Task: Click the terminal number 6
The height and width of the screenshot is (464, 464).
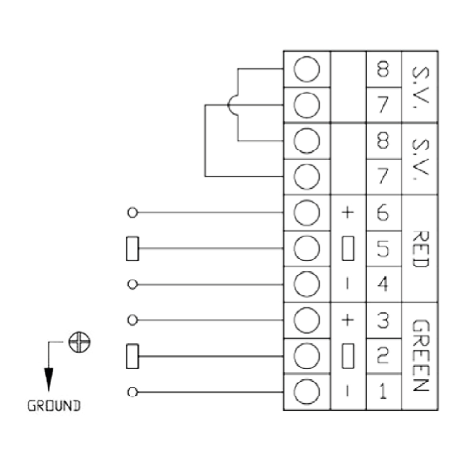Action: point(382,212)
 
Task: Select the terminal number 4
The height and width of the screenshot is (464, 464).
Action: point(383,285)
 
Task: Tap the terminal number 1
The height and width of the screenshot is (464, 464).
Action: point(383,391)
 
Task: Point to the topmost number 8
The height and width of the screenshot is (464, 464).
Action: point(383,69)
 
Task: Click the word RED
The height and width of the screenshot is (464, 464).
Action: point(420,249)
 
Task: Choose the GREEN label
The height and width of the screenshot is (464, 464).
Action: point(420,355)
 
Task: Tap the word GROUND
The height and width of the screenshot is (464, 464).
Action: point(54,406)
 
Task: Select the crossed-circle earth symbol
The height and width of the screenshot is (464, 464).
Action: point(79,343)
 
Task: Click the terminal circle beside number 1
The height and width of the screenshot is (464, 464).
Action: point(307,391)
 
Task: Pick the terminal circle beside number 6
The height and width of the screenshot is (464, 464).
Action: point(307,213)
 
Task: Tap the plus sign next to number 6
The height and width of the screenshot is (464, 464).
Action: point(348,212)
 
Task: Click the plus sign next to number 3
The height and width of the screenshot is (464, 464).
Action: point(348,320)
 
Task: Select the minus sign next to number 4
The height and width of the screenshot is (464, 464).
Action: point(348,285)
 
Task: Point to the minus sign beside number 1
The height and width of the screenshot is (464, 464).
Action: point(348,391)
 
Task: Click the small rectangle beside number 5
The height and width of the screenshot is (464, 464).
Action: point(348,248)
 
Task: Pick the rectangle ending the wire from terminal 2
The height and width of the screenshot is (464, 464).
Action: point(132,356)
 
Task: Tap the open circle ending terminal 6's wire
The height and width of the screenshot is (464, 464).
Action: point(133,213)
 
